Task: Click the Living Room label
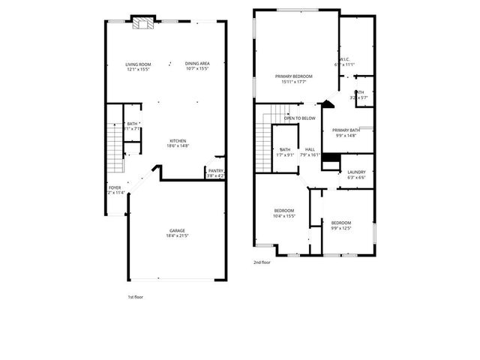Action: (x=138, y=64)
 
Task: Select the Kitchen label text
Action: (x=178, y=141)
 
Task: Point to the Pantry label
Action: (x=215, y=171)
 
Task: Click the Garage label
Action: (x=177, y=230)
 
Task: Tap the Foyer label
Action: (x=115, y=187)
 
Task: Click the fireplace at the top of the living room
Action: (x=142, y=22)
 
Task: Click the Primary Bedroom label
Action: (x=293, y=76)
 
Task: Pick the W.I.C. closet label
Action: (x=344, y=59)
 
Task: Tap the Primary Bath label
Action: (x=346, y=130)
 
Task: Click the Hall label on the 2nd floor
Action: (x=310, y=149)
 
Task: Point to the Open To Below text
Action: (x=299, y=118)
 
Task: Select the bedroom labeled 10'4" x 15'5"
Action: (x=284, y=210)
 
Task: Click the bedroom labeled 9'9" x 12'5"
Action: (x=341, y=223)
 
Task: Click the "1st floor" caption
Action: (x=135, y=297)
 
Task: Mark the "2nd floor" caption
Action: (x=262, y=262)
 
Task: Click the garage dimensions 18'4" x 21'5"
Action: (x=177, y=236)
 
